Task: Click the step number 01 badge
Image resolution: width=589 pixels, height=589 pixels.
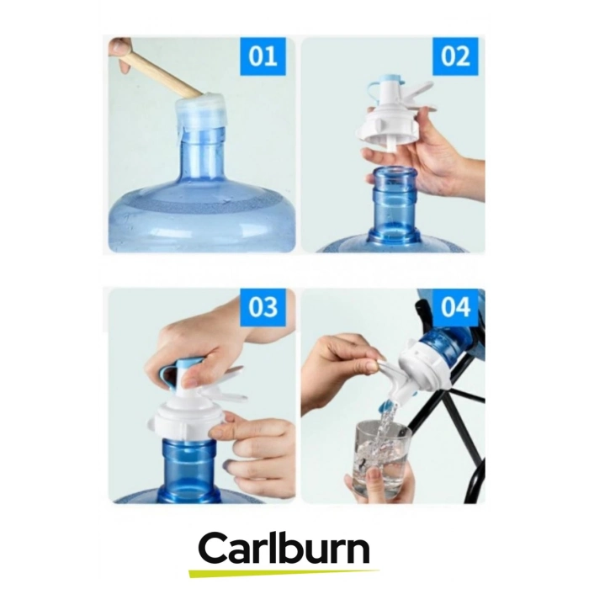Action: coord(263,56)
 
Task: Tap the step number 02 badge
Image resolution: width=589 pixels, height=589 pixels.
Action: coord(455,56)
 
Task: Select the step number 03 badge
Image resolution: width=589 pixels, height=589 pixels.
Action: coord(263,307)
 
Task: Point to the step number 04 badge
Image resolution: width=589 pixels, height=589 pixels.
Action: coord(455,307)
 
